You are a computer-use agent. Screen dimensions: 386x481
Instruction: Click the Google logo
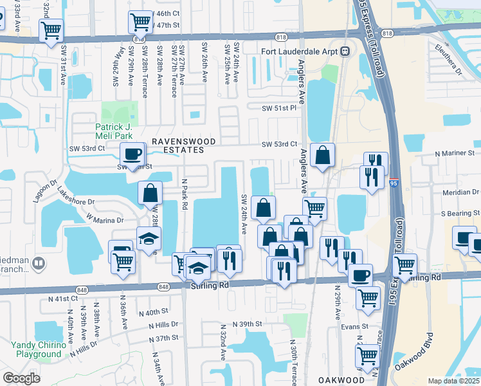[21, 378]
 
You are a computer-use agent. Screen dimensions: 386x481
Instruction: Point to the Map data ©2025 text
[453, 381]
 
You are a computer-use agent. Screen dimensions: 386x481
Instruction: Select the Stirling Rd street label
[210, 284]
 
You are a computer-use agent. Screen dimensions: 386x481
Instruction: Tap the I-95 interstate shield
[395, 184]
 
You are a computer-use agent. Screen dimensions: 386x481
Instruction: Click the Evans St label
[355, 326]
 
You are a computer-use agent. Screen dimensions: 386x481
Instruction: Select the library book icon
[38, 263]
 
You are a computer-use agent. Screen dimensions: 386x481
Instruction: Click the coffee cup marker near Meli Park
[132, 154]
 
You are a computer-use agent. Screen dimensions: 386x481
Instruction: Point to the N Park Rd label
[184, 193]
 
